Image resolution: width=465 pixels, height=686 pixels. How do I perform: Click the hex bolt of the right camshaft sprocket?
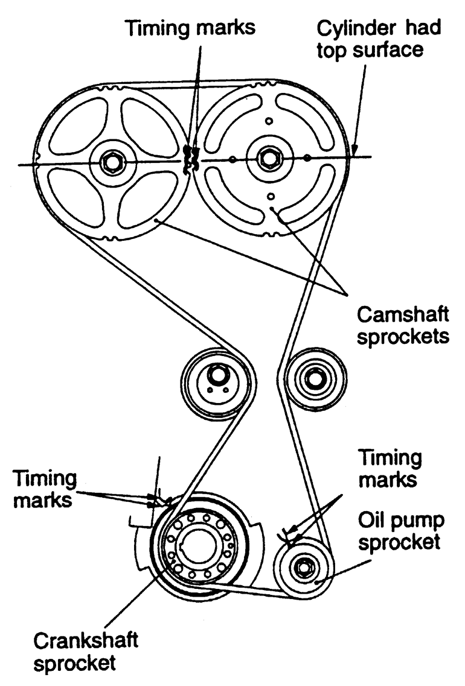266,159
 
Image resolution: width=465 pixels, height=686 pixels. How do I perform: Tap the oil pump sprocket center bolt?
303,566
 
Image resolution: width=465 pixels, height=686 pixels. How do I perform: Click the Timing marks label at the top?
191,27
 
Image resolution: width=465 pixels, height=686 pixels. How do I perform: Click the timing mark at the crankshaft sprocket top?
162,500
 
